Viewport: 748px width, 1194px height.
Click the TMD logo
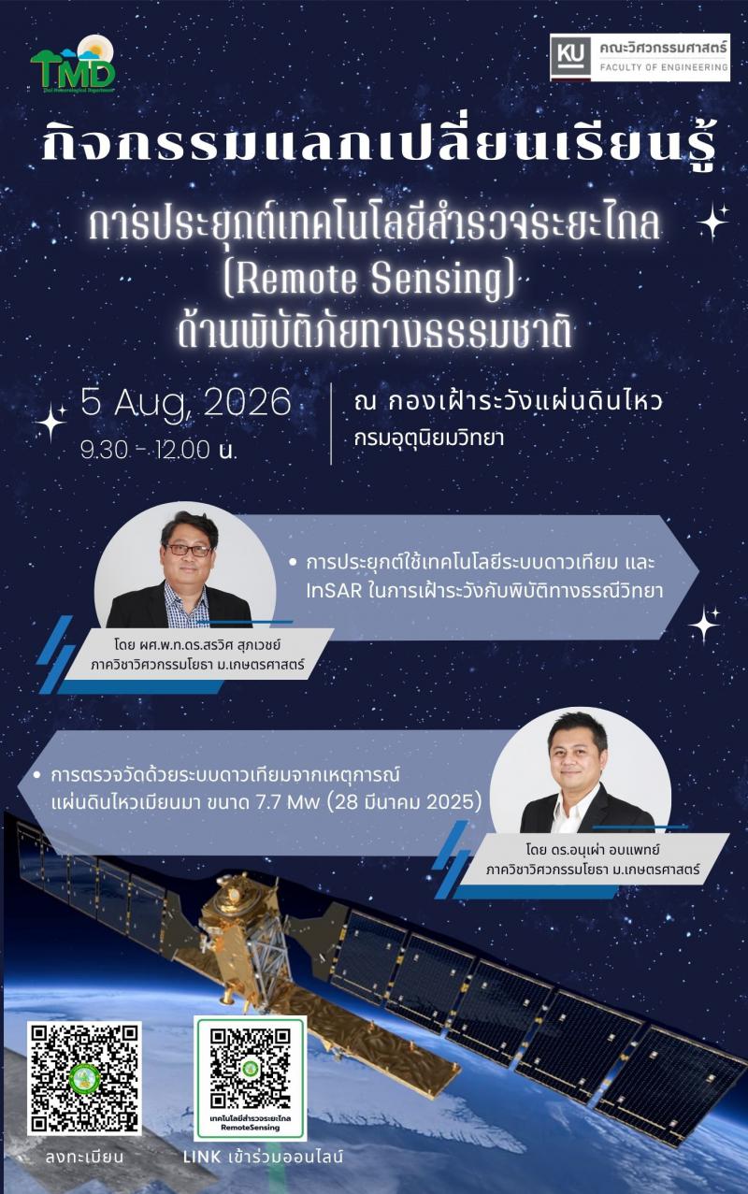click(73, 64)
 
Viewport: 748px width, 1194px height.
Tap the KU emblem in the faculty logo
click(571, 56)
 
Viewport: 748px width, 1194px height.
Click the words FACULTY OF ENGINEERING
click(664, 67)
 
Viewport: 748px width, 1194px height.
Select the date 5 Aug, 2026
click(186, 404)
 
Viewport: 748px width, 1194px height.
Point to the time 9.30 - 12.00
click(145, 451)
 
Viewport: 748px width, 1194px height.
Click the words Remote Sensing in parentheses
click(369, 280)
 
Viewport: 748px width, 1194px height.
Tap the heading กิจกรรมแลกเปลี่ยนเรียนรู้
click(378, 143)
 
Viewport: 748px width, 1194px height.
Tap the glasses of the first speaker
click(188, 550)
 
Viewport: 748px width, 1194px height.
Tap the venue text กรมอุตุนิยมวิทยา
click(428, 439)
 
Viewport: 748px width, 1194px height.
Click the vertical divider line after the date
click(331, 424)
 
